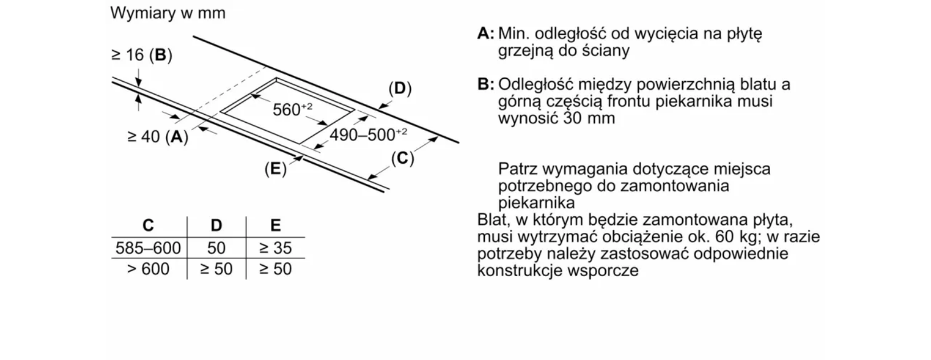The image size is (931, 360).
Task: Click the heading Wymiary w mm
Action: point(168,13)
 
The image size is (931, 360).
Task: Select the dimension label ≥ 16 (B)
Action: point(141,55)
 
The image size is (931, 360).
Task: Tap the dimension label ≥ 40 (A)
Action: point(158,137)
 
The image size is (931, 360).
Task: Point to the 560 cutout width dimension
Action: point(293,110)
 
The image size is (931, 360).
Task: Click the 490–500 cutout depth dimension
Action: point(369,135)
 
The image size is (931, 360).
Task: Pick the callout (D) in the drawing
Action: point(400,88)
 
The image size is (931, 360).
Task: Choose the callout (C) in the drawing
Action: point(402,159)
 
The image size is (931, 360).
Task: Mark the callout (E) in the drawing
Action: point(276,169)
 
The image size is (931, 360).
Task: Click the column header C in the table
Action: point(148,225)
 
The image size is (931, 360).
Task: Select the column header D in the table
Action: point(216,225)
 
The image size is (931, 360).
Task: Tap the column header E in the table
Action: point(276,225)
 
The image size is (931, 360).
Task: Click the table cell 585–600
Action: point(148,248)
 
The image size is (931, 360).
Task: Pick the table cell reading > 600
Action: point(148,269)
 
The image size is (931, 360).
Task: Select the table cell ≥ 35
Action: point(276,248)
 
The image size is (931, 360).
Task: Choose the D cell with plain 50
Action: point(216,248)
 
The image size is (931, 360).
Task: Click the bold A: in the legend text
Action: point(486,33)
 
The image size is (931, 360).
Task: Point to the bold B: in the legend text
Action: point(486,84)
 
